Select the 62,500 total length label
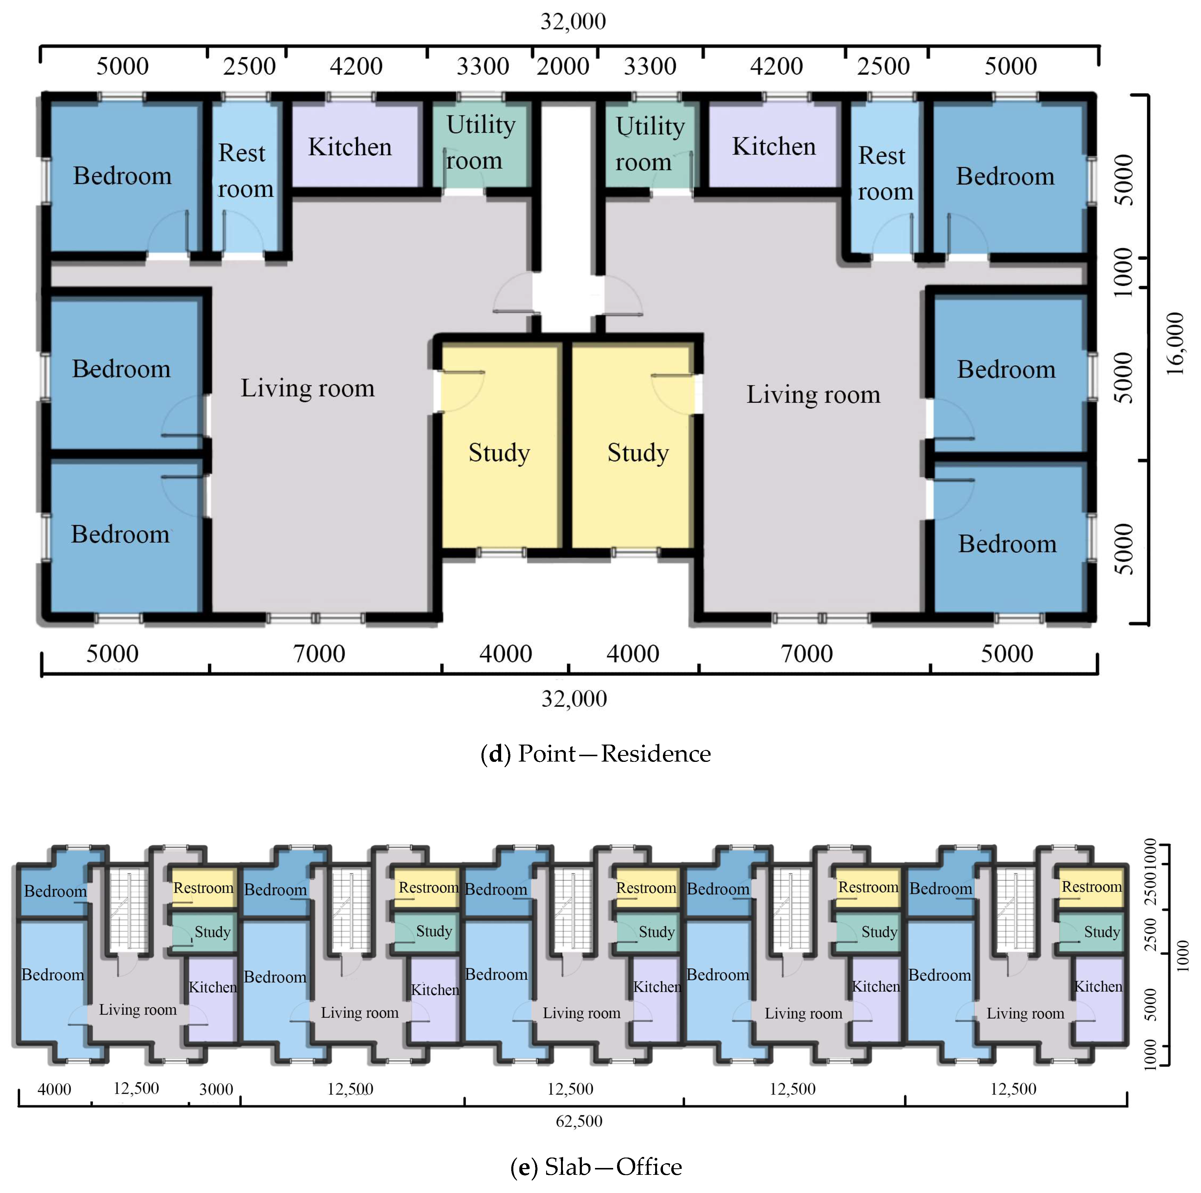coord(579,1121)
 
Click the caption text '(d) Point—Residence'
coord(596,754)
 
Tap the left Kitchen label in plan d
coord(350,147)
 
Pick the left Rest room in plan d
coord(245,177)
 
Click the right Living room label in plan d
coord(813,394)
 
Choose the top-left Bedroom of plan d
coord(123,177)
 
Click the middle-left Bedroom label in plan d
coord(121,369)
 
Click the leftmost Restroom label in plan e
coord(203,887)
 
